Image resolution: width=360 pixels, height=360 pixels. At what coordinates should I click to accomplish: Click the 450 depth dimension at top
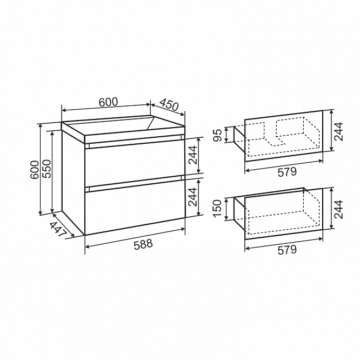pyautogui.click(x=169, y=105)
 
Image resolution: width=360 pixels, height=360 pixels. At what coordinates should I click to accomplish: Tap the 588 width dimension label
pyautogui.click(x=143, y=244)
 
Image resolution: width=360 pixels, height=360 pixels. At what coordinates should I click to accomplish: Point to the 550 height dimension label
pyautogui.click(x=47, y=169)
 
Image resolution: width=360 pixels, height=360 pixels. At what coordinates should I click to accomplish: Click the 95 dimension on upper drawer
pyautogui.click(x=218, y=135)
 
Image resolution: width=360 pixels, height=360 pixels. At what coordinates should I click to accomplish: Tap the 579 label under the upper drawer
pyautogui.click(x=287, y=172)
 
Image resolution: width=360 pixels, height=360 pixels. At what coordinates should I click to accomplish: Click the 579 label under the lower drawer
pyautogui.click(x=287, y=250)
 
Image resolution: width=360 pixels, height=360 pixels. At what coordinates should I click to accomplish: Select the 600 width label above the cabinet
pyautogui.click(x=108, y=102)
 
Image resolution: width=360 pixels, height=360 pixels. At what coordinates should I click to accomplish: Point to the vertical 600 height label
pyautogui.click(x=35, y=170)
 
